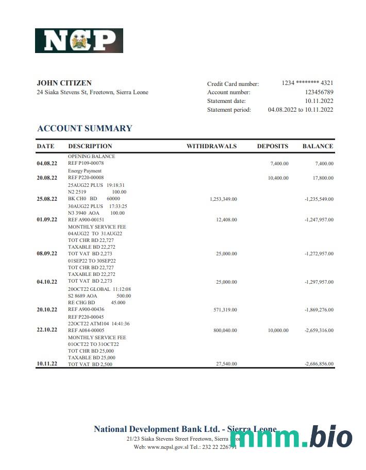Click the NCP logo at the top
coord(79,41)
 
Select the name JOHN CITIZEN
coord(64,83)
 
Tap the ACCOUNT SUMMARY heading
coord(85,129)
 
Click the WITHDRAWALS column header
coord(211,146)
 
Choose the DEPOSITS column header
coord(273,146)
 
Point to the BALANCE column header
coord(318,146)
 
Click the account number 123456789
coord(319,92)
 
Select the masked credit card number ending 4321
coord(307,83)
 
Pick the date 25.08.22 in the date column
coord(47,199)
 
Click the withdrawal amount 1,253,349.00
coord(223,199)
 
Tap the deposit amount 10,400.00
coord(278,178)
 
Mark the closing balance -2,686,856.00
coord(319,364)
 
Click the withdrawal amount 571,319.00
coord(226,310)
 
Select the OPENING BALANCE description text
coord(92,156)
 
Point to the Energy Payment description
coord(85,171)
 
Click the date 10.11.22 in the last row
coord(47,364)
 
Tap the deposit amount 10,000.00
coord(278,330)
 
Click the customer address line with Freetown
coord(93,93)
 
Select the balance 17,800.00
coord(323,178)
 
